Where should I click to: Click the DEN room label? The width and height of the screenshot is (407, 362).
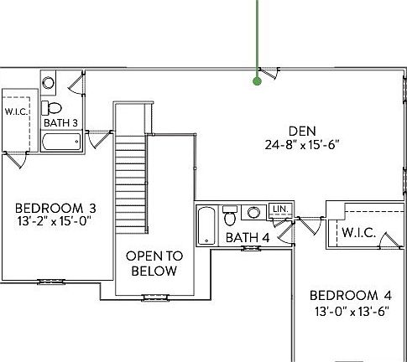[302, 131]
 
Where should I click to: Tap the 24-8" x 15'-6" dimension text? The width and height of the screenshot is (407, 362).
[302, 145]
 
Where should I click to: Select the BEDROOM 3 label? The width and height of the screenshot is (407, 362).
[55, 209]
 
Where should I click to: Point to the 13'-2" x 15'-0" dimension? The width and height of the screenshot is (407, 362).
[55, 221]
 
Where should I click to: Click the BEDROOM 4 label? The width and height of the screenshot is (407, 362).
[351, 296]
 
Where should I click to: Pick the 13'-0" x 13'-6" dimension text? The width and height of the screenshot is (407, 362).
[352, 311]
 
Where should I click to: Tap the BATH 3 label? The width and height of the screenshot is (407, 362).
[60, 123]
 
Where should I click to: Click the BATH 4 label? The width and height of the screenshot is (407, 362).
[248, 238]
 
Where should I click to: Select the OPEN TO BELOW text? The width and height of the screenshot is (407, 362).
[154, 263]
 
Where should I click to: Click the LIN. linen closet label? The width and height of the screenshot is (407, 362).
[280, 209]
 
